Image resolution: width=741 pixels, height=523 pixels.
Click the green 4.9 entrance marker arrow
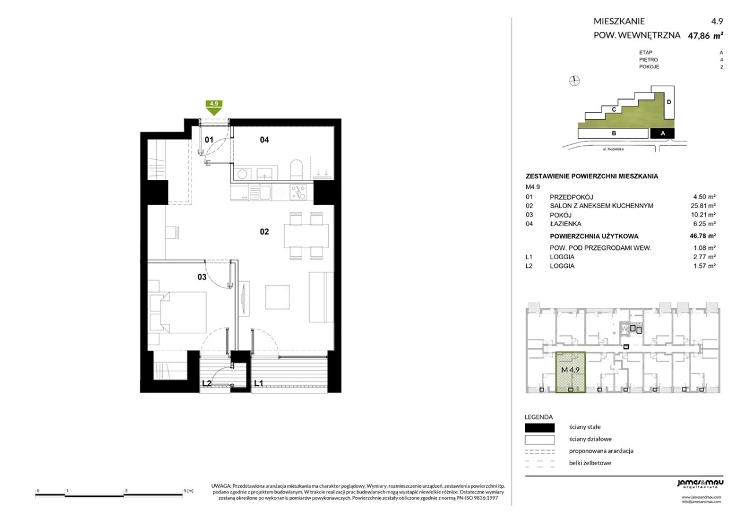click(214, 108)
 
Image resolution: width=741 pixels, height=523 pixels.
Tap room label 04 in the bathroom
click(265, 140)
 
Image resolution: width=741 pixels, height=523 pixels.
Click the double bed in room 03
click(178, 312)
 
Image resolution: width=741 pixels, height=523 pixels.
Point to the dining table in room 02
click(306, 235)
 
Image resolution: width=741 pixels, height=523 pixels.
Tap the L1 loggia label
click(259, 383)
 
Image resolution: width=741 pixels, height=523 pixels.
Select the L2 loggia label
click(207, 383)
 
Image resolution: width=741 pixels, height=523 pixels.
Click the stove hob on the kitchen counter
click(298, 193)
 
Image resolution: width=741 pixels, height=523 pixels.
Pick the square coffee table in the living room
click(277, 297)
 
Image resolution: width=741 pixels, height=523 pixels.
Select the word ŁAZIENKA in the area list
click(566, 224)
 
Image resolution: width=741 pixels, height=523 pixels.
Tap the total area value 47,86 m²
click(705, 36)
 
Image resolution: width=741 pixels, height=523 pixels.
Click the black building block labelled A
click(662, 133)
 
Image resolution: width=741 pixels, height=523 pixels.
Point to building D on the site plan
click(669, 102)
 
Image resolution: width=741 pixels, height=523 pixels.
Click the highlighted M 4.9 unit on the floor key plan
click(570, 372)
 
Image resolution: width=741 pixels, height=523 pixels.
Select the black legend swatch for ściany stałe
click(540, 428)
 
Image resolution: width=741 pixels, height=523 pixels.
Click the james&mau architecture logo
click(700, 484)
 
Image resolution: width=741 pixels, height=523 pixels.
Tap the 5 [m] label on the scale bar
click(189, 491)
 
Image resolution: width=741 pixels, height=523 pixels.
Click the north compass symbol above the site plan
click(574, 80)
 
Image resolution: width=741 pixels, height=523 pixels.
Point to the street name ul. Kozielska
click(613, 149)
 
